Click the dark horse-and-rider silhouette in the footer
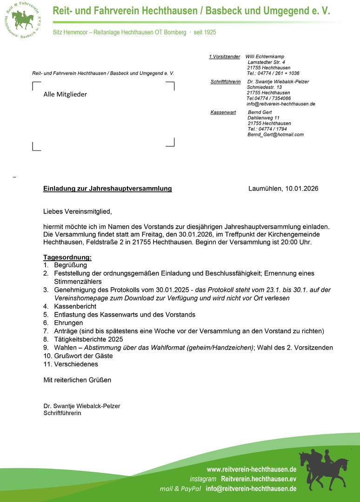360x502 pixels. click(324, 467)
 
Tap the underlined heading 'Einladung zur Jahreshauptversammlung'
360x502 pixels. click(107, 189)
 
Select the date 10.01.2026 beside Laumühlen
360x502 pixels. click(302, 189)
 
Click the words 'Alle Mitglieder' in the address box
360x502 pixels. click(65, 94)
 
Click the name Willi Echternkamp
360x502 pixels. click(265, 57)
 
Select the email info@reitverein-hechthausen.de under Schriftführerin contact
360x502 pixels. click(281, 104)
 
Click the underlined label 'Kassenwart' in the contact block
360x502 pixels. click(223, 112)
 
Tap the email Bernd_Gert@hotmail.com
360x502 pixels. click(275, 135)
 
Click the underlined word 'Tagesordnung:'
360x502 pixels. click(67, 257)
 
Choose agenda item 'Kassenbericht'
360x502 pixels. click(75, 306)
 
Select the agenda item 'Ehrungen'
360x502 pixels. click(68, 323)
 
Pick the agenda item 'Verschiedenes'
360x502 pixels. click(76, 364)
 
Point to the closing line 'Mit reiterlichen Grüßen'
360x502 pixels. click(77, 380)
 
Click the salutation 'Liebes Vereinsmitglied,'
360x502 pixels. click(78, 212)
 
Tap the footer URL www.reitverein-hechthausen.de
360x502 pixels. click(251, 469)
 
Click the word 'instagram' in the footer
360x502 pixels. click(203, 479)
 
